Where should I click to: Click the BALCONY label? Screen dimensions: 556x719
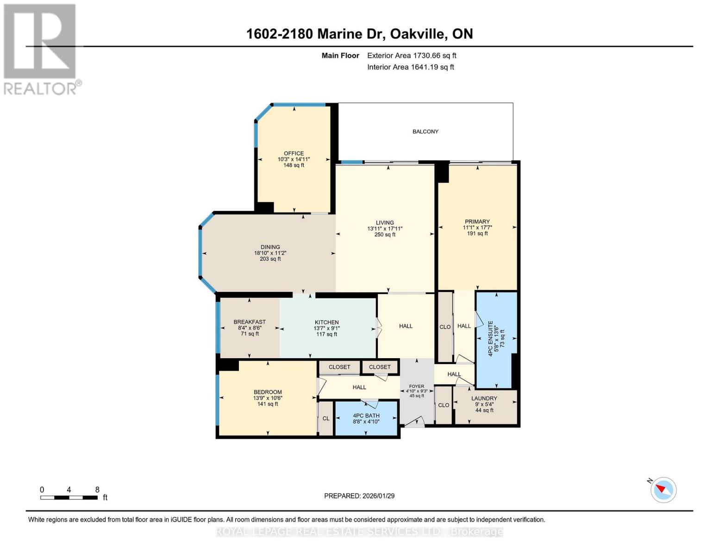click(425, 132)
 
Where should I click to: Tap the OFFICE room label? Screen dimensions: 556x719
click(294, 153)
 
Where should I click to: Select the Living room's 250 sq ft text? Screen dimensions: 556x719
click(385, 234)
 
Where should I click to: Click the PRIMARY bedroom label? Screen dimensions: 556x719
click(477, 221)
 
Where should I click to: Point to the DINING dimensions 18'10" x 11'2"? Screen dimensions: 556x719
click(270, 253)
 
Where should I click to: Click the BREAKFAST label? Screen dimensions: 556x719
click(250, 322)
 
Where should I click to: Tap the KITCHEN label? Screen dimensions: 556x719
click(326, 322)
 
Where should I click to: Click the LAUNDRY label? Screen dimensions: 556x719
click(484, 398)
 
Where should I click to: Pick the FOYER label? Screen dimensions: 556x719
click(416, 386)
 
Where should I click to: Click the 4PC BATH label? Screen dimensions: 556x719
click(366, 416)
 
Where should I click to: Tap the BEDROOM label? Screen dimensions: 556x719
click(268, 392)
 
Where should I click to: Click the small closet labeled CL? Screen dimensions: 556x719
click(326, 418)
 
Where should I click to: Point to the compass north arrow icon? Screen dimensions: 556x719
click(663, 489)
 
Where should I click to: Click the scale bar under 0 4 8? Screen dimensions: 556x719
click(69, 498)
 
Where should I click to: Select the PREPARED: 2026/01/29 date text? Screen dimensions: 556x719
click(359, 496)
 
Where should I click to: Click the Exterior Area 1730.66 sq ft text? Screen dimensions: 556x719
click(412, 56)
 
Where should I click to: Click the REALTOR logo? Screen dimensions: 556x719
click(41, 49)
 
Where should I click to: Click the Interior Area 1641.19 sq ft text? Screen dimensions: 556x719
click(410, 67)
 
